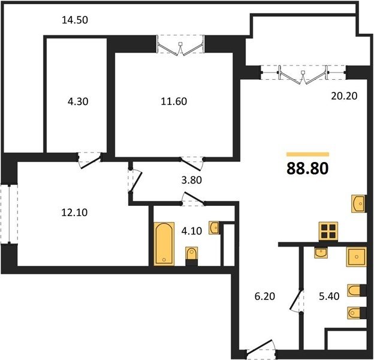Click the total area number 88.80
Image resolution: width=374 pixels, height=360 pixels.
coord(307,169)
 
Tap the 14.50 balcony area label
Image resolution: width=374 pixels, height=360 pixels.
coord(75,20)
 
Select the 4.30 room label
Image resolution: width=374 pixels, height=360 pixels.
coord(78,101)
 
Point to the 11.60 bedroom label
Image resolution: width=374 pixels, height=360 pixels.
coord(174,101)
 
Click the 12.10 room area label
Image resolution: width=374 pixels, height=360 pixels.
coord(74,212)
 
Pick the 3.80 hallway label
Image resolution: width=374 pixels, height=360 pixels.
coord(192,180)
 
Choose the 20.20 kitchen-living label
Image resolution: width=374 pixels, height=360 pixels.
coord(344,96)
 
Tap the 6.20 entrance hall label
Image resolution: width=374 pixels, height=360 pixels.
coord(265,296)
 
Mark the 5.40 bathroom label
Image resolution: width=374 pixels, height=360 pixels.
coord(329,296)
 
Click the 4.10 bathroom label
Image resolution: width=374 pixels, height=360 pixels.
coord(192,231)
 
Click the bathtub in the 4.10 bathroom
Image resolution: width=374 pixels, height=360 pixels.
coord(164,244)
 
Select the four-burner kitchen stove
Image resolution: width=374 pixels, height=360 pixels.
coord(328,232)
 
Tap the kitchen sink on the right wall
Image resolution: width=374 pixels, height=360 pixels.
coord(358,203)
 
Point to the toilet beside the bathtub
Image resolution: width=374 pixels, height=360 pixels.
coord(192,256)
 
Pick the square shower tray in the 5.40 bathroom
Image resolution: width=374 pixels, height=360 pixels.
coord(357,257)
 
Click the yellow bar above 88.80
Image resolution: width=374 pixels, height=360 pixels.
coord(307,154)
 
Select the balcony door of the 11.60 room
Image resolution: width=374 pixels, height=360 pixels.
coord(180,46)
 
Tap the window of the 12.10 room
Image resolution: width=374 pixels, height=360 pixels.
coord(9,214)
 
